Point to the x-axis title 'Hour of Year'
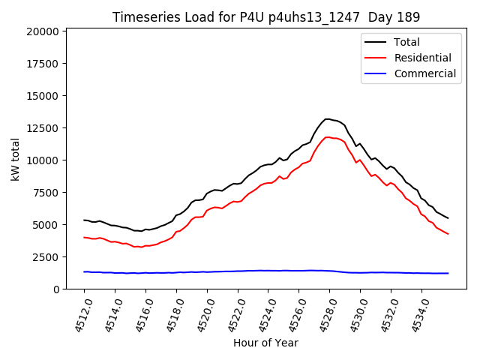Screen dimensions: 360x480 pos(265,343)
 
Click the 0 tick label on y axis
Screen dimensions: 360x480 pos(55,289)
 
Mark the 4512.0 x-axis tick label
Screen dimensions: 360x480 pos(79,315)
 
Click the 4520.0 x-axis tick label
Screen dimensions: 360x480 pos(201,315)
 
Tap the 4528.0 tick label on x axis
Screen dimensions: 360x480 pos(324,315)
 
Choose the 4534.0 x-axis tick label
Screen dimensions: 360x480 pos(416,315)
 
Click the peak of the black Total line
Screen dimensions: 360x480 pos(327,118)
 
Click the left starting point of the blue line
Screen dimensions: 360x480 pos(84,271)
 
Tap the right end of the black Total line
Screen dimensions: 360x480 pos(448,218)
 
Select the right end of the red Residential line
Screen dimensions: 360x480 pos(448,234)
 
